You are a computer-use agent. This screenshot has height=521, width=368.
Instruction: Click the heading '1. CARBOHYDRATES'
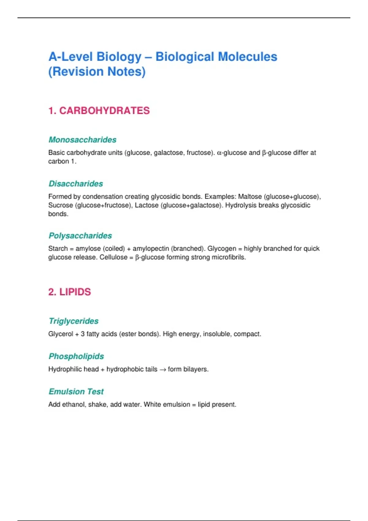click(99, 111)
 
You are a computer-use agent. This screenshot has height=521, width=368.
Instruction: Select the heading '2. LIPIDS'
click(69, 292)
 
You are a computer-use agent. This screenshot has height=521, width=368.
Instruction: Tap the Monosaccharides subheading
click(82, 140)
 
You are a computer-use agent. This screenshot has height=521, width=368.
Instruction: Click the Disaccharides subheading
click(76, 184)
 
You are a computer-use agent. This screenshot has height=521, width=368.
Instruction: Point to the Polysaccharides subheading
click(80, 236)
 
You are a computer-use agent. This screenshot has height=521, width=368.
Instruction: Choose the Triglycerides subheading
click(74, 321)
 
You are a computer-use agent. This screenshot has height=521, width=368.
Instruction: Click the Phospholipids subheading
click(76, 356)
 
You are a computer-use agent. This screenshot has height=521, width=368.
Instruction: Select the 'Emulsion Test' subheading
click(76, 391)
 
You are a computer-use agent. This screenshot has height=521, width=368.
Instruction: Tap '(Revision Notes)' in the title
click(97, 72)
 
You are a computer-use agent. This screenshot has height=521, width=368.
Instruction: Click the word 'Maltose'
click(250, 196)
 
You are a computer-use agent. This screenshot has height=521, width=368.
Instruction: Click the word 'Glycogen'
click(222, 249)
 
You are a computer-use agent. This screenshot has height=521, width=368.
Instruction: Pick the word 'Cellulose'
click(113, 257)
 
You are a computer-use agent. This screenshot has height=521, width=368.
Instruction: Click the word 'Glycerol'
click(60, 334)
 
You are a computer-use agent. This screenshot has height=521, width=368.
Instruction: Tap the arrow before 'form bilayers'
click(163, 370)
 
